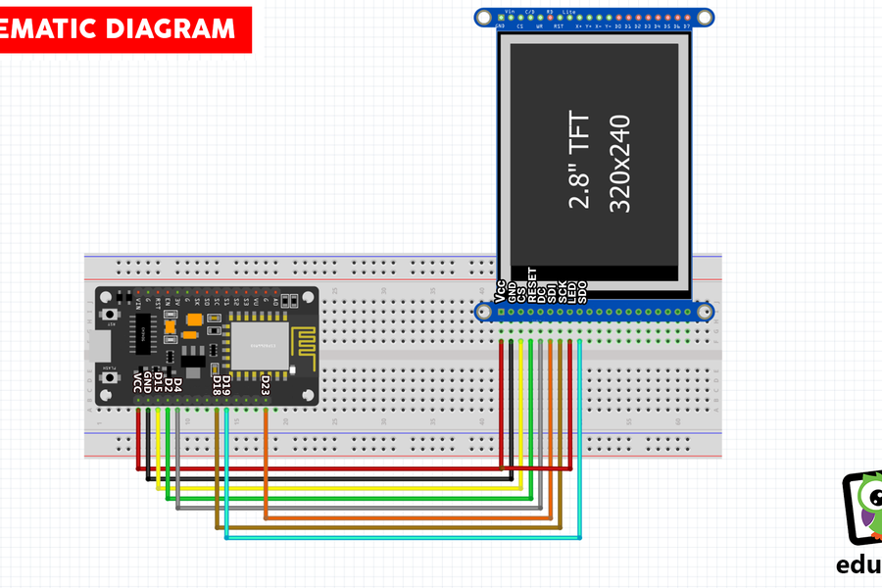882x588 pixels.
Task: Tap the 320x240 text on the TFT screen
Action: pyautogui.click(x=619, y=164)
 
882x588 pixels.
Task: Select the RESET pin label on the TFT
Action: pyautogui.click(x=532, y=283)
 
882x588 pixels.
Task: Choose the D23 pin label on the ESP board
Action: pyautogui.click(x=266, y=387)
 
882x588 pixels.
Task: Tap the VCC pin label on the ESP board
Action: pyautogui.click(x=137, y=383)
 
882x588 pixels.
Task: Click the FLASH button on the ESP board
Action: pyautogui.click(x=111, y=376)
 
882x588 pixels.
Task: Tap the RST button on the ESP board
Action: pyautogui.click(x=111, y=314)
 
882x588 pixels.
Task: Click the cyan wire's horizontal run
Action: pyautogui.click(x=402, y=537)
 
